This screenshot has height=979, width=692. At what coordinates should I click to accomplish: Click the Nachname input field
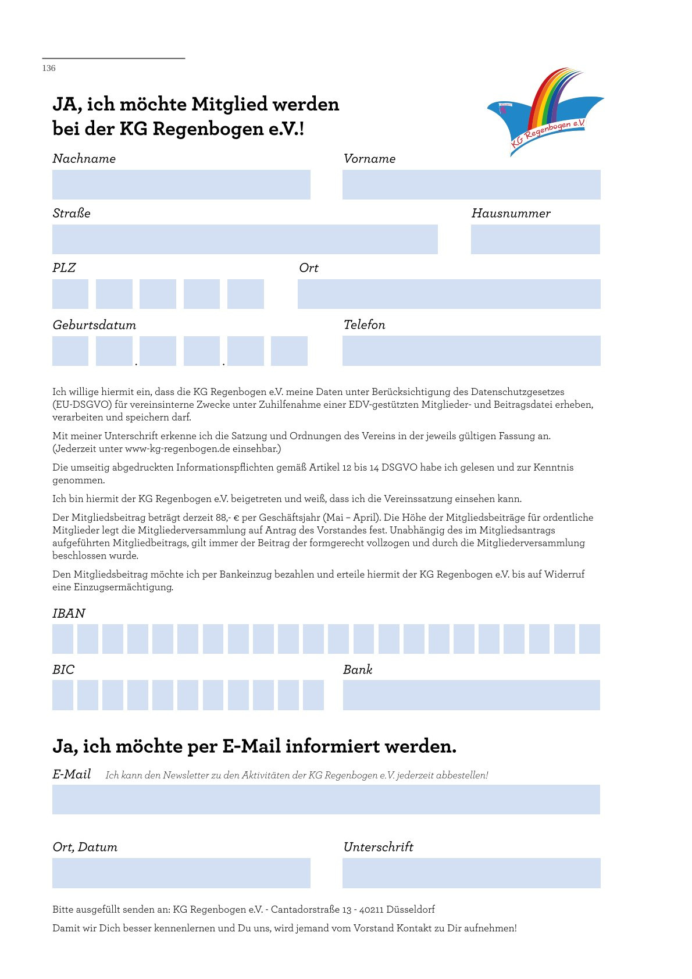(181, 184)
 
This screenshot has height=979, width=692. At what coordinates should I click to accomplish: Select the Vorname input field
(471, 184)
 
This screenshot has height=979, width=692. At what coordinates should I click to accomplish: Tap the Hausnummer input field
(535, 239)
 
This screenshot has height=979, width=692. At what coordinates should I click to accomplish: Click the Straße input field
(245, 239)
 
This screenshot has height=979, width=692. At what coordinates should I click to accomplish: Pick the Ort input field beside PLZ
(448, 294)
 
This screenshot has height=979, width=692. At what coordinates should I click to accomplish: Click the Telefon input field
(471, 351)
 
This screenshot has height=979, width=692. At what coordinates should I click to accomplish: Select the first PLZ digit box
(70, 294)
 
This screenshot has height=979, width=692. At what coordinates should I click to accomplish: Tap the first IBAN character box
(63, 639)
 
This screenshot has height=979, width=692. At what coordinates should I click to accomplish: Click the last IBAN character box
(589, 639)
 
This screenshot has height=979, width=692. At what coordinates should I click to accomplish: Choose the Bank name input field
(471, 695)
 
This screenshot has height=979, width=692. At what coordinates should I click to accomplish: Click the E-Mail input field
(326, 799)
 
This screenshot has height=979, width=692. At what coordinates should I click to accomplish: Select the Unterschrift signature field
(471, 873)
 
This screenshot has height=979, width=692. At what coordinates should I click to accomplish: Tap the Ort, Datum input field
(181, 873)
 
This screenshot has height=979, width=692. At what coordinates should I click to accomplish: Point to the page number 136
(49, 68)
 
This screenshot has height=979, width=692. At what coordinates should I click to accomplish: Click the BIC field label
(63, 670)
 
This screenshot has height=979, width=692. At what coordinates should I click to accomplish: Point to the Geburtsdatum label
(94, 325)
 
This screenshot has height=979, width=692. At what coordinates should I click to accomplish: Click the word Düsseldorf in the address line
(410, 909)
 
